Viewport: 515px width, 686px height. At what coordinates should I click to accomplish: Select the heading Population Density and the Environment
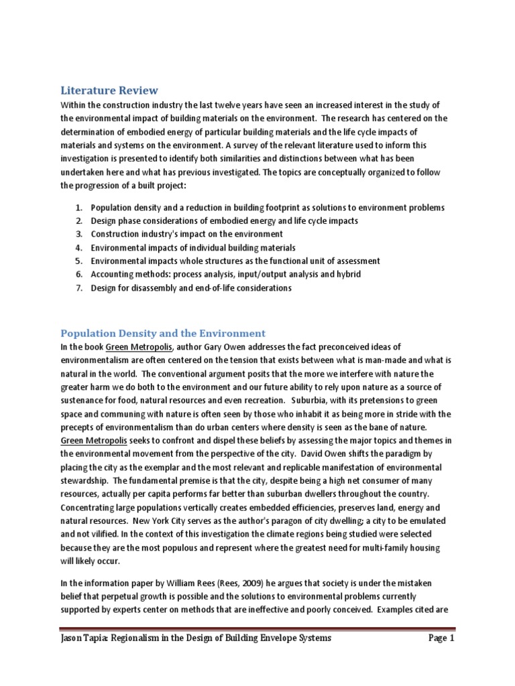click(163, 333)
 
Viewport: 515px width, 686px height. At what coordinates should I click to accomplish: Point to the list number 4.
click(78, 248)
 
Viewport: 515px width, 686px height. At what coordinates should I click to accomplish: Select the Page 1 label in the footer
click(441, 638)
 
